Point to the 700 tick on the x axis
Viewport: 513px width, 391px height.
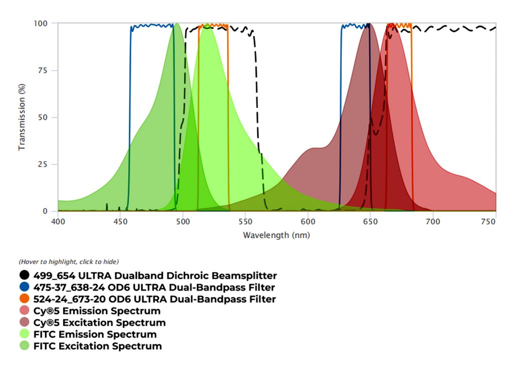click(x=432, y=221)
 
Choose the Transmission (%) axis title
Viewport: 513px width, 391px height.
click(x=22, y=117)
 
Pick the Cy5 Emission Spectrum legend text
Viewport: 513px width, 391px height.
click(x=97, y=311)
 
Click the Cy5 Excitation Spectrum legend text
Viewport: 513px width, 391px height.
click(x=99, y=323)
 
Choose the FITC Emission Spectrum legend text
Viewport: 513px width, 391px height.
click(x=95, y=334)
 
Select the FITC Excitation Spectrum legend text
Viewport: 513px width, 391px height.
click(x=98, y=346)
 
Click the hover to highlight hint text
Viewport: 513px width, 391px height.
click(x=69, y=262)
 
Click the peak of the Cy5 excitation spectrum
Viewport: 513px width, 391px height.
click(x=368, y=24)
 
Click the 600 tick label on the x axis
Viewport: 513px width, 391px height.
click(x=307, y=221)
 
